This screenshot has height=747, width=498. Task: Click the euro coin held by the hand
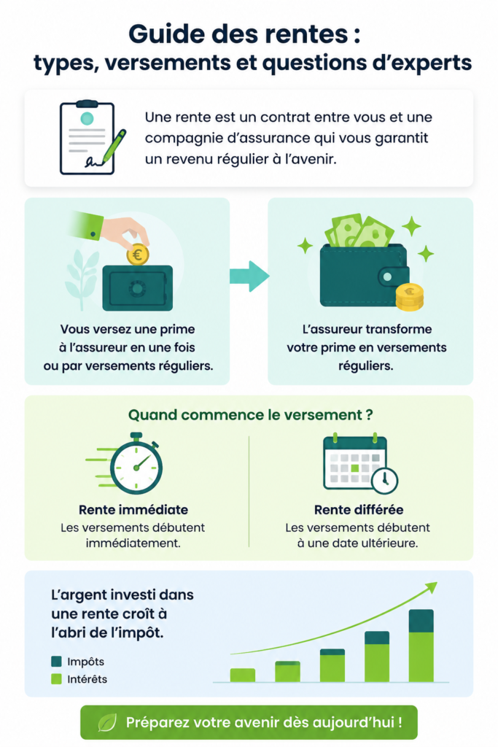138,255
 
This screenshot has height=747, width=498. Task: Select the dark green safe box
138,287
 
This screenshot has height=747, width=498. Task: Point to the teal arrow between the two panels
249,276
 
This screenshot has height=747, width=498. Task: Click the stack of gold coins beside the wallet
410,297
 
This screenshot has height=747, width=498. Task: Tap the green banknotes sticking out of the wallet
359,232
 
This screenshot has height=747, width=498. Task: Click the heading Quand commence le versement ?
250,415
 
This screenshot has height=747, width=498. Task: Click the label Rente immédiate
133,510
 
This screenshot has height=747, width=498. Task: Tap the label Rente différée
359,510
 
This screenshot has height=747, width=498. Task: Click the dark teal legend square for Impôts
56,661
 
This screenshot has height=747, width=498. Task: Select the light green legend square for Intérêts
56,679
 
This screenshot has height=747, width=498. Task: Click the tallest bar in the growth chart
421,646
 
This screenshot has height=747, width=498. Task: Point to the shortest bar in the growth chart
243,675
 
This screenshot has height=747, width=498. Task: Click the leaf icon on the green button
107,723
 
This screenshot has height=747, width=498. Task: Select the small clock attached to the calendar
385,480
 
